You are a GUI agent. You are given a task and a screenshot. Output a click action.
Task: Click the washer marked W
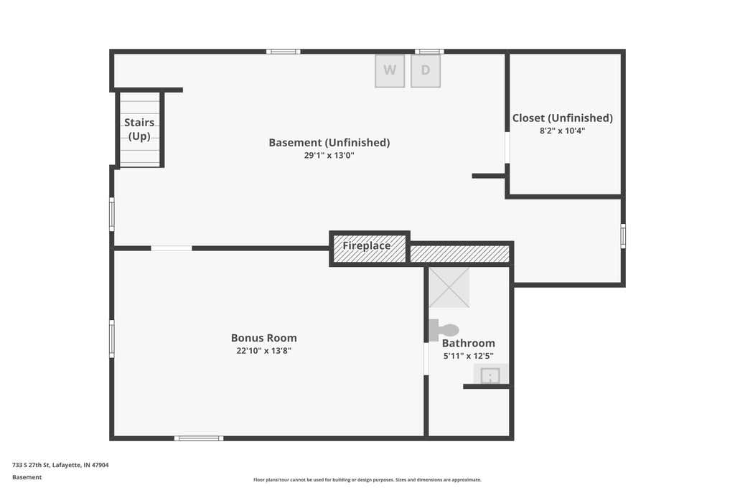coord(390,71)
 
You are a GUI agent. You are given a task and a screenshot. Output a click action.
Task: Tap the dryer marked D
coord(426,71)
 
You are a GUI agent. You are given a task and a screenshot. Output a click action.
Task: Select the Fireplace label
coord(367,245)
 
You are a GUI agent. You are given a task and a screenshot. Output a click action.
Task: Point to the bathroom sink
coord(490,374)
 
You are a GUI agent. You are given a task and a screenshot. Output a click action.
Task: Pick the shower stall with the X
coord(449,287)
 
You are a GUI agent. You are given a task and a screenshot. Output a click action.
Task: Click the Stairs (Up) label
coord(139,129)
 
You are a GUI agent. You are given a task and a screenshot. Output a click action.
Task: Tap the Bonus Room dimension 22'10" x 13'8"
coord(264,351)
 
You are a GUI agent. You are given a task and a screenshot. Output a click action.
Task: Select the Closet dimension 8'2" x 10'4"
coord(563,131)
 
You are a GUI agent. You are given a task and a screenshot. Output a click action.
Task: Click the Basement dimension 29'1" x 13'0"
coord(329,155)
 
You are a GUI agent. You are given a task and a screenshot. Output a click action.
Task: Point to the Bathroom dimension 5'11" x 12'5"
coord(468,356)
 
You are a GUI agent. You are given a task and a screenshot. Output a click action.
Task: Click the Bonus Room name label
coord(264,338)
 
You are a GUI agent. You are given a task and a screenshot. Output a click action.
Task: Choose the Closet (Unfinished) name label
coord(563,118)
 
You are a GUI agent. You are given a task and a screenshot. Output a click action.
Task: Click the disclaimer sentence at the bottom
coord(367,480)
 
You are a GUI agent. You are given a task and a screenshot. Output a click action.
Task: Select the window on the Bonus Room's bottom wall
coord(199,438)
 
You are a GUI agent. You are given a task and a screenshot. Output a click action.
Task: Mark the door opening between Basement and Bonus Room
coord(172,248)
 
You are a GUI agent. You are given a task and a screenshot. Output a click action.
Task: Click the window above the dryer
coord(429,52)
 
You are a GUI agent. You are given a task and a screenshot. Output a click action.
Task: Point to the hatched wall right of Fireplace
coord(460,254)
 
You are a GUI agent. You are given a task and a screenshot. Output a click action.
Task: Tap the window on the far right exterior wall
coord(623,235)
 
